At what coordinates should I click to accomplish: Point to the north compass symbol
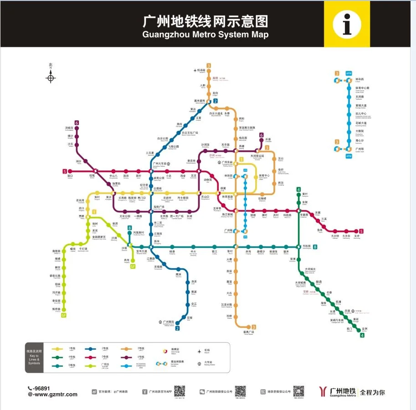[51, 77]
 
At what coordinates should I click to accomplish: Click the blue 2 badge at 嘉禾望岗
[216, 101]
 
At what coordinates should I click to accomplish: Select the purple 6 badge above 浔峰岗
[77, 123]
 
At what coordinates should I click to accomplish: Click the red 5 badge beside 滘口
[64, 171]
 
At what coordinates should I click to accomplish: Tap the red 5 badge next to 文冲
[361, 231]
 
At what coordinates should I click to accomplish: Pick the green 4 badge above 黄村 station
[298, 190]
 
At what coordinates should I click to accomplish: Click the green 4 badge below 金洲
[362, 336]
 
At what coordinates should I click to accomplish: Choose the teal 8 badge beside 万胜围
[315, 247]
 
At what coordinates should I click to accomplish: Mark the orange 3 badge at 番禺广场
[254, 327]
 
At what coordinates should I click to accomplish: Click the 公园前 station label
[157, 188]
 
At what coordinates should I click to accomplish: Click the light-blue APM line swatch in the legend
[124, 366]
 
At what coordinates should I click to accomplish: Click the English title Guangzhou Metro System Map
[205, 35]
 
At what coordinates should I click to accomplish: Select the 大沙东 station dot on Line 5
[346, 231]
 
